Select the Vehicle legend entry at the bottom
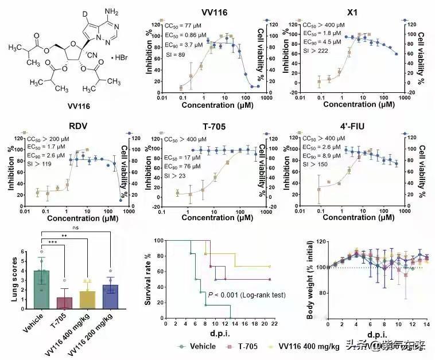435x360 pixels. [199, 346]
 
